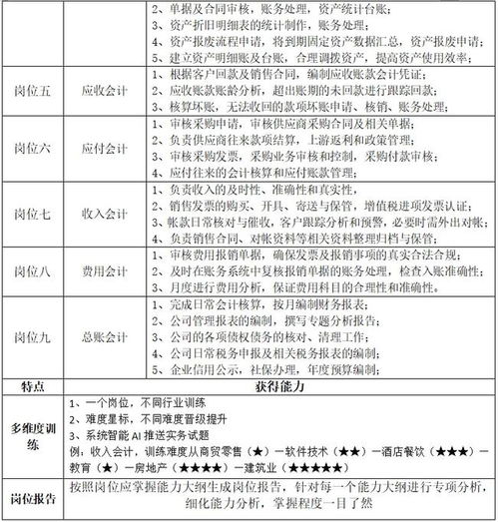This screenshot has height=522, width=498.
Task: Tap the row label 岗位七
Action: pyautogui.click(x=34, y=213)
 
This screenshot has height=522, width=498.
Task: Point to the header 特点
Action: pyautogui.click(x=34, y=384)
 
